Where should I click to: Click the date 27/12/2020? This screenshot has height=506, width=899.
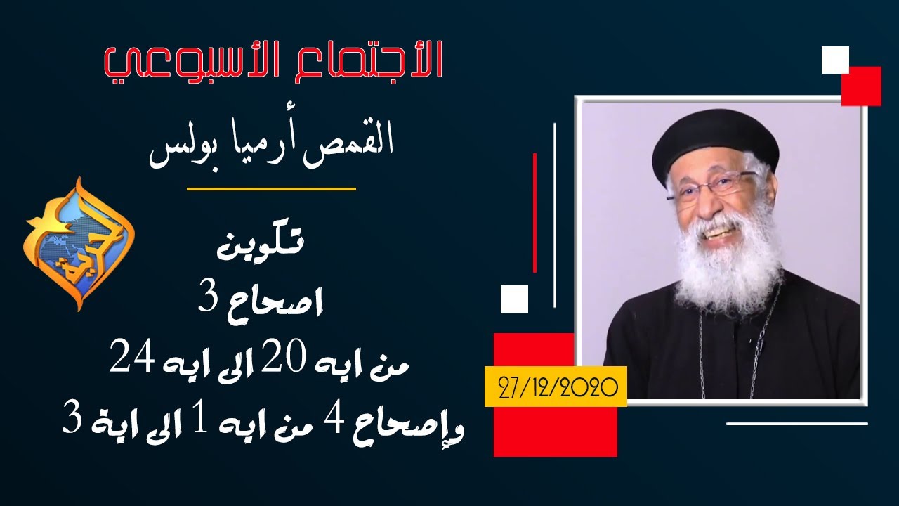(558, 387)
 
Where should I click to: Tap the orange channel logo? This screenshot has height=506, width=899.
(79, 244)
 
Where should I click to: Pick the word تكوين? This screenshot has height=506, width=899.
(261, 244)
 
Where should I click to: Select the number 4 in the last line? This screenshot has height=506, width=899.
(333, 422)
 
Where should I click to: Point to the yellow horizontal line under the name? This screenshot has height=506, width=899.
(271, 188)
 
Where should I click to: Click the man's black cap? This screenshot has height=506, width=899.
(715, 141)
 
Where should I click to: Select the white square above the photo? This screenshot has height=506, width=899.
(835, 60)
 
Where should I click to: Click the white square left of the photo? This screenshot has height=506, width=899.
(515, 299)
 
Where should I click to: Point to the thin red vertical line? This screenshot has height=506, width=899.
(534, 213)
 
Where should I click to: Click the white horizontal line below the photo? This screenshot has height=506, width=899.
(797, 423)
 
